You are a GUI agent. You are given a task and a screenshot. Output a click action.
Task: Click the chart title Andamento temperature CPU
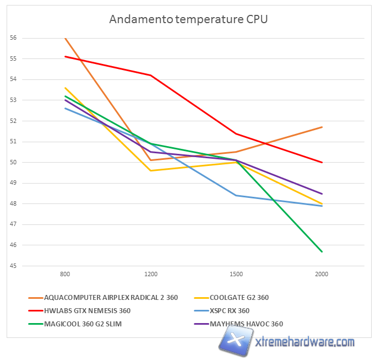[188, 19]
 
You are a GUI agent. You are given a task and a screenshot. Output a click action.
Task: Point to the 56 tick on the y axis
[13, 38]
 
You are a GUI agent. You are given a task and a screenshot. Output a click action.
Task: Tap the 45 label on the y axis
[13, 266]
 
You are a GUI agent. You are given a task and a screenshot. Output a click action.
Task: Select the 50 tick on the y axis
[13, 163]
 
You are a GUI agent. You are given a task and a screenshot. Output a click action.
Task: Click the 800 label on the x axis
[65, 274]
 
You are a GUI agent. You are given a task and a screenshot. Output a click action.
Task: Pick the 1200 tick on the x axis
[150, 274]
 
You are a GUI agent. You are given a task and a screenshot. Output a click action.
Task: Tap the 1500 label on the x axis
[236, 274]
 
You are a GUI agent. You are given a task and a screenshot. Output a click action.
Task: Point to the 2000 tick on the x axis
[322, 274]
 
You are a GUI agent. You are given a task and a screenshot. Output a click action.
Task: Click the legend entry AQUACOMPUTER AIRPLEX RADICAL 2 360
[111, 298]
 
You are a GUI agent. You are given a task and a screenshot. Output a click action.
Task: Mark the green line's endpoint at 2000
[322, 251]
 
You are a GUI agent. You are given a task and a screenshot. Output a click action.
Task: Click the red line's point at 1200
[150, 75]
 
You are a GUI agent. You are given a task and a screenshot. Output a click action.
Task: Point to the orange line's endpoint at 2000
[322, 127]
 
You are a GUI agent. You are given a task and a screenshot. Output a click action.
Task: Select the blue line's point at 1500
[236, 195]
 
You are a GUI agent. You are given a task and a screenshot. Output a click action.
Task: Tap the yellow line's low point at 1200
[150, 170]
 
